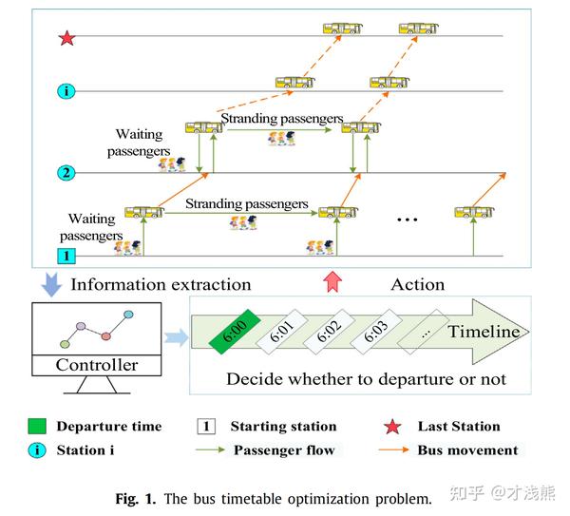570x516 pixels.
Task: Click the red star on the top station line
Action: pos(66,38)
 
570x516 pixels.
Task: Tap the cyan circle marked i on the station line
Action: pos(66,92)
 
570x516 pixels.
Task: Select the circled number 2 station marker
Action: pos(66,173)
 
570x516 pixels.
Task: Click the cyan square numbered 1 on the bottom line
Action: pos(66,256)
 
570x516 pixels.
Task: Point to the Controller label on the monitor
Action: pos(96,365)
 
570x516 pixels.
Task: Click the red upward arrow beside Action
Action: pos(331,282)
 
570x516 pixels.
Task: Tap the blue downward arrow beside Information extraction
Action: pos(51,282)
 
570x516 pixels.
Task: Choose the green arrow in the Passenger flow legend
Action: pos(210,450)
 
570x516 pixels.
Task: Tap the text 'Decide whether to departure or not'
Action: pos(366,379)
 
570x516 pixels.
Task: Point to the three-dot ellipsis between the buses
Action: pos(408,220)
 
